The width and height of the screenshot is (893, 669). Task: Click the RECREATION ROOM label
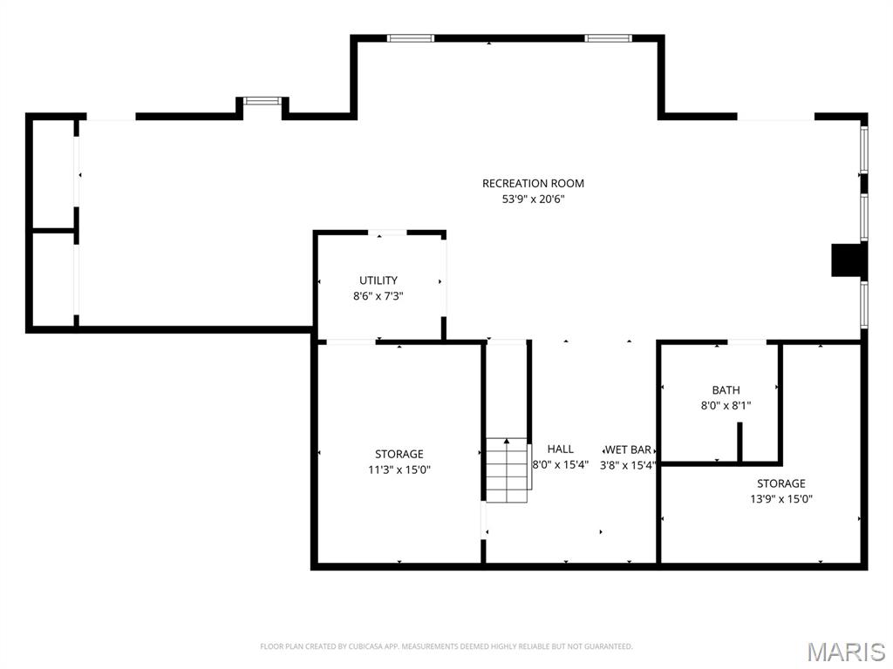point(533,183)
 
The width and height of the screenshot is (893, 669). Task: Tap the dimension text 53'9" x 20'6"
point(533,199)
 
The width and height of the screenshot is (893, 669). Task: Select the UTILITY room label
point(378,280)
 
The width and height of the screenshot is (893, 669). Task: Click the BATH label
point(726,390)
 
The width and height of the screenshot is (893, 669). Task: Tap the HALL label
point(561,449)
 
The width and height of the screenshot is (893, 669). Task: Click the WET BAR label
point(629,449)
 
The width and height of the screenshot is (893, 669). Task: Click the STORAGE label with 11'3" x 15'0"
point(399,454)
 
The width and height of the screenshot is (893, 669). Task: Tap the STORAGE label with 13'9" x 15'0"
point(781,483)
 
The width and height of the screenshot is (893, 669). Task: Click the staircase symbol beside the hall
point(508,471)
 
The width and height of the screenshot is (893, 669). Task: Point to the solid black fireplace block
point(846,260)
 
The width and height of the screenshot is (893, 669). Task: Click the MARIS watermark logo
point(846,651)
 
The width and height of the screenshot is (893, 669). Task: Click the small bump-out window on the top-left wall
point(261,101)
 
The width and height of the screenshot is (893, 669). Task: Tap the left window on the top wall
point(411,38)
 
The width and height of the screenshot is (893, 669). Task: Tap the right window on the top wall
point(608,38)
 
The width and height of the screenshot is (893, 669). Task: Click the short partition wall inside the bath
point(740,442)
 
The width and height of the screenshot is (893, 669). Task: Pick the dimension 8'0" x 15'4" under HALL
point(561,465)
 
